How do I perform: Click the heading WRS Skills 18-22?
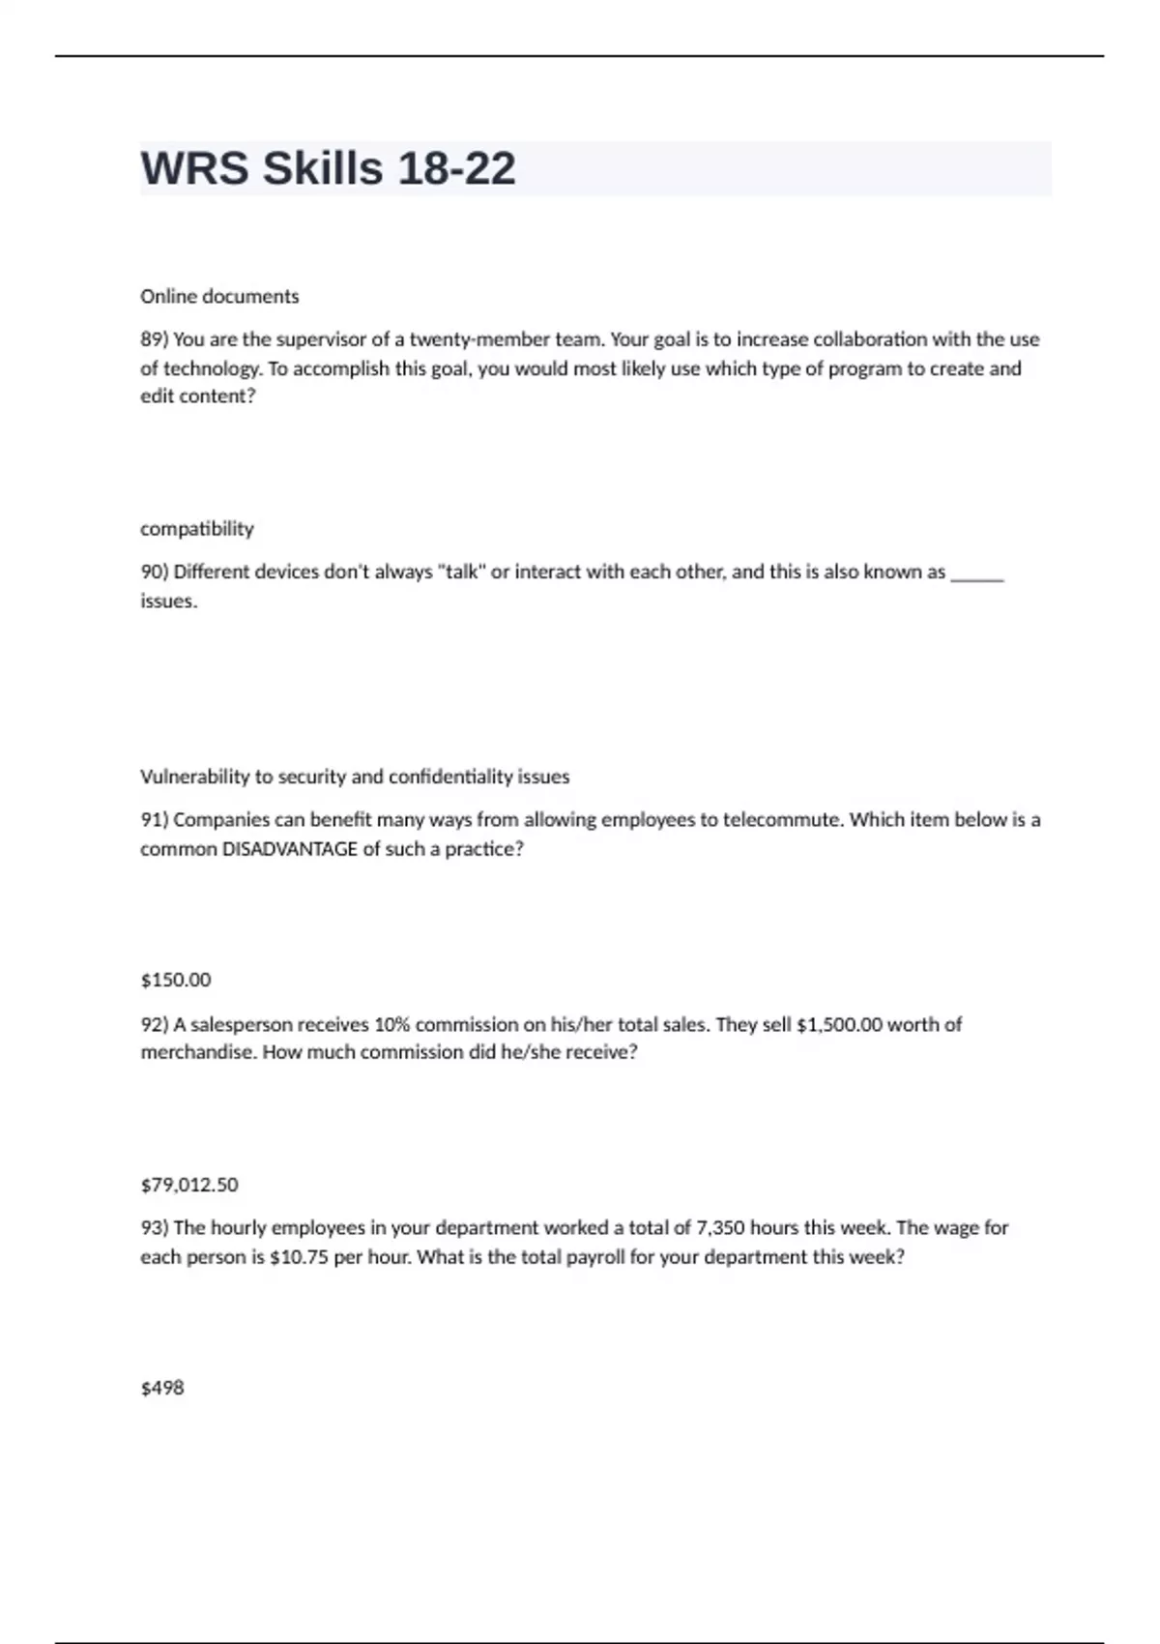(x=328, y=168)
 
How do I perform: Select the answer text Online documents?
(x=219, y=297)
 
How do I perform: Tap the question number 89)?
(x=155, y=339)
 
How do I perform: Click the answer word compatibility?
(x=197, y=529)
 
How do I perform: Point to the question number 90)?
(x=155, y=572)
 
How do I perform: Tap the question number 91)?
(x=155, y=820)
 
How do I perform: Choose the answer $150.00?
(x=176, y=980)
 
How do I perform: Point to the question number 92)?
(x=155, y=1024)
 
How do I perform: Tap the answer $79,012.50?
(x=189, y=1185)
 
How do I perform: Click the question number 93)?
(x=155, y=1228)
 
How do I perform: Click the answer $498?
(x=162, y=1388)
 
